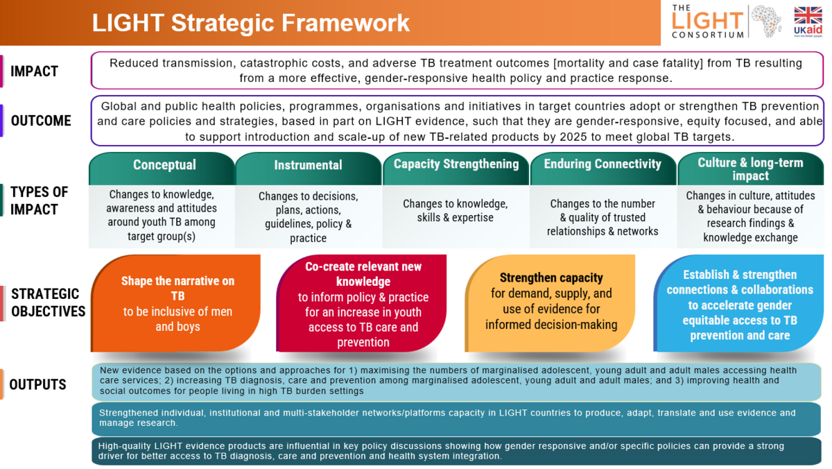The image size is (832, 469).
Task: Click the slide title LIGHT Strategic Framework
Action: coord(251,23)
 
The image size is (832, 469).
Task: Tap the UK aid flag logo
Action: coord(808,22)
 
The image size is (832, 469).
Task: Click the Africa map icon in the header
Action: coord(766,21)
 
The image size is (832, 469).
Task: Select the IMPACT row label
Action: coord(34,71)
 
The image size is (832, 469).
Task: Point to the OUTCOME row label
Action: coord(41,121)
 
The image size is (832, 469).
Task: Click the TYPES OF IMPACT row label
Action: coord(40,201)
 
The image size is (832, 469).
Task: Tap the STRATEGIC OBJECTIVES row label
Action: coord(49,302)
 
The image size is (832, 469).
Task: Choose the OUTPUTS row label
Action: coord(37,384)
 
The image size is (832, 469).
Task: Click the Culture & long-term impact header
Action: coord(751,169)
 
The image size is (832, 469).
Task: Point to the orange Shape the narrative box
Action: coord(175,303)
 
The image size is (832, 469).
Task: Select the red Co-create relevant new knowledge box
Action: coord(361,303)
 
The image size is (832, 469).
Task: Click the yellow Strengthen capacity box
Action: coord(550,303)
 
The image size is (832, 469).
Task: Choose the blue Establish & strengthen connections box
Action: coord(739,303)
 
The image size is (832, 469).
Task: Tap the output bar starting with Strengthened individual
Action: coord(456,419)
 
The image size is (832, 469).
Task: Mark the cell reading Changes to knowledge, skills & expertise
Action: coord(456,211)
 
